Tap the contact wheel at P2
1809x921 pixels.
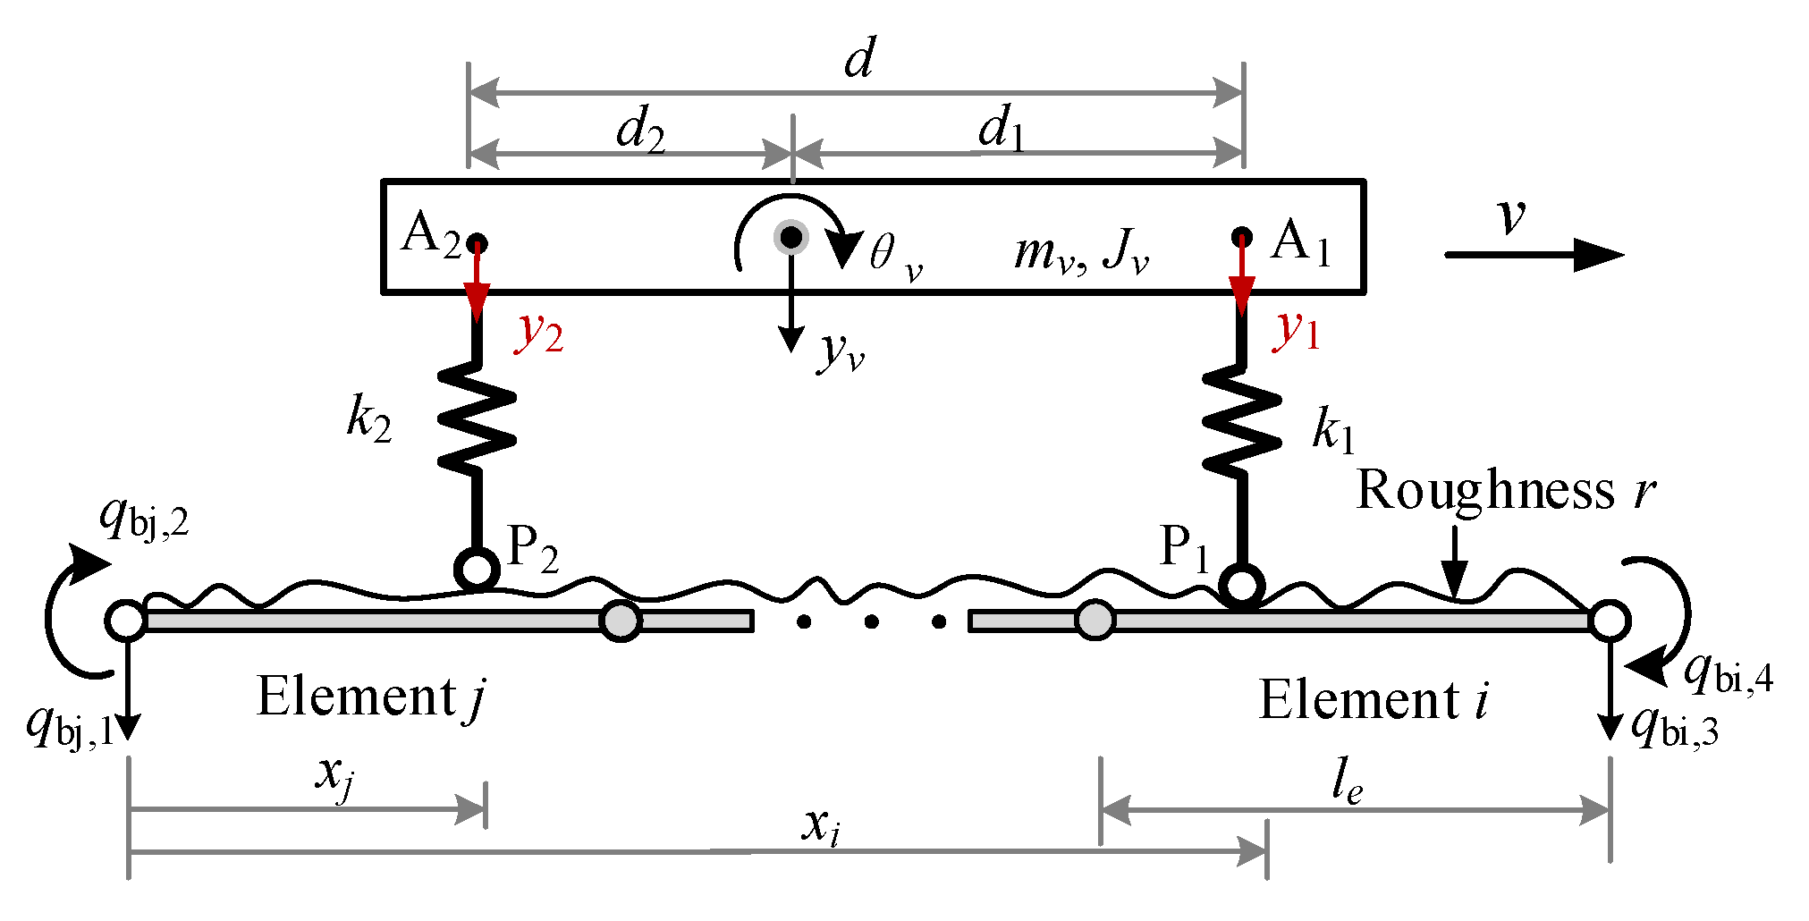point(477,569)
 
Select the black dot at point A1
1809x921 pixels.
point(1241,237)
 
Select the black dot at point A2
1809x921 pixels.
point(478,242)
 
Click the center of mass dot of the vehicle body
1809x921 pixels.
point(791,237)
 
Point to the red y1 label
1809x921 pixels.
point(1296,331)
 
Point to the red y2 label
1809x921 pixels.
point(539,334)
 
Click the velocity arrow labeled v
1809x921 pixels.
point(1533,255)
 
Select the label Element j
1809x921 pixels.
point(370,697)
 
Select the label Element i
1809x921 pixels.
point(1374,700)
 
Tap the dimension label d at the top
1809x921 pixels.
point(859,59)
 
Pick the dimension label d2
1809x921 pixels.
point(640,131)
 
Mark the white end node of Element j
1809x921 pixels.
point(126,620)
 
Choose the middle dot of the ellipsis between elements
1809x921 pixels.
point(871,621)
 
